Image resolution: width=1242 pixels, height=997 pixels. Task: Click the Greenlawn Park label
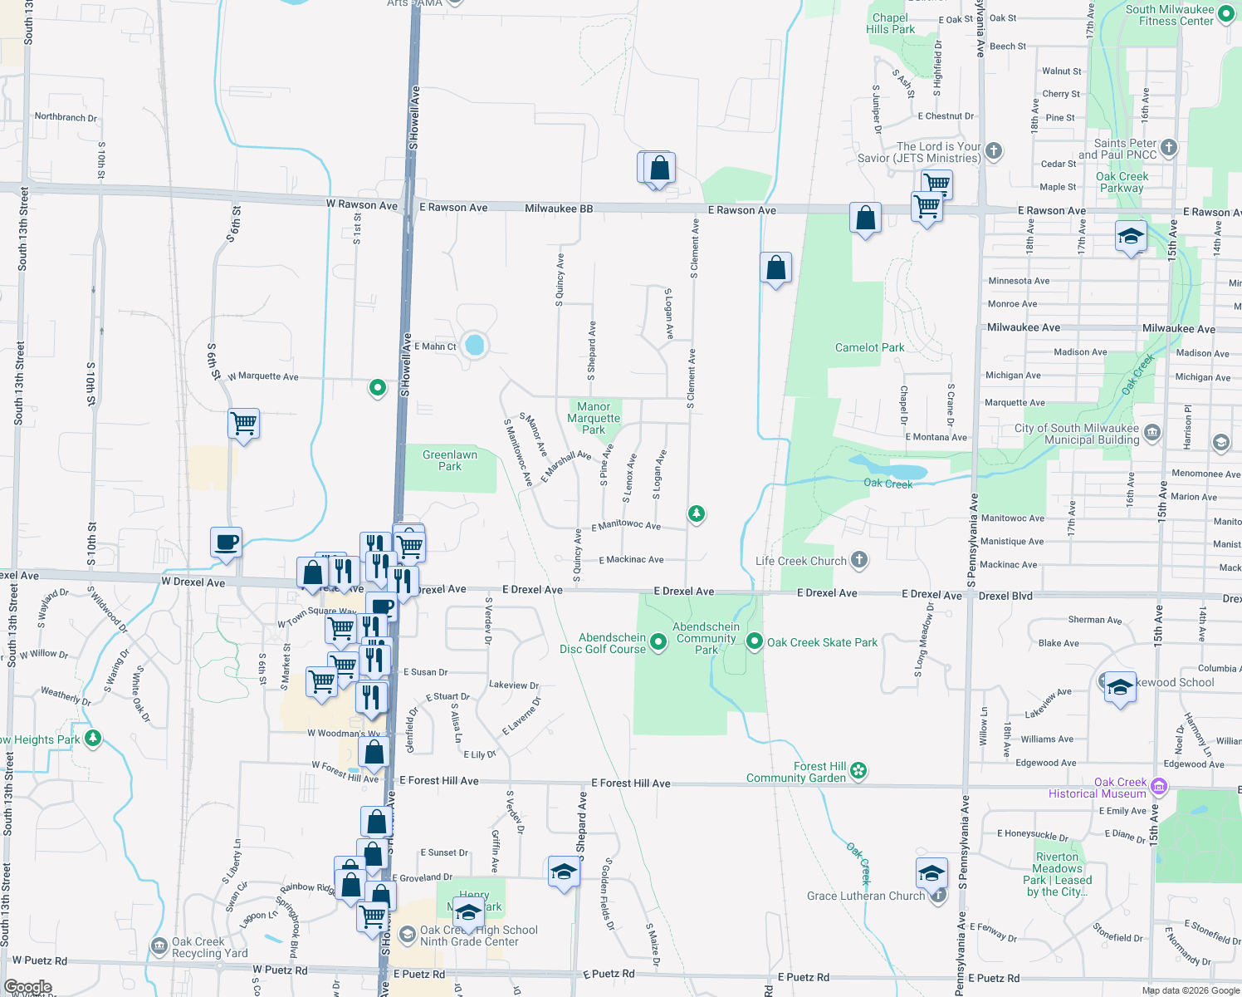[x=449, y=460]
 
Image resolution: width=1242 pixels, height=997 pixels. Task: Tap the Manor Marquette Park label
[x=594, y=418]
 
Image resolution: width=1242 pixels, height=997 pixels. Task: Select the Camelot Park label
[x=869, y=347]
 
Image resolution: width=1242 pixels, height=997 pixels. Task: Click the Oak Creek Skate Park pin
[x=754, y=641]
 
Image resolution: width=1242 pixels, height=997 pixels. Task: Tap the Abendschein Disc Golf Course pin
[x=658, y=641]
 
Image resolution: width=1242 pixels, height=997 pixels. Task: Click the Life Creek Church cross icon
[x=859, y=560]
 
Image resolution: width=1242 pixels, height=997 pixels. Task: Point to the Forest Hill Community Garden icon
[x=858, y=771]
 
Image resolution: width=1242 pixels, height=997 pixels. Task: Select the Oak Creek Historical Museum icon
[x=1159, y=786]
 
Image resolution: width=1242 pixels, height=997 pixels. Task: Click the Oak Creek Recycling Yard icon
[x=159, y=945]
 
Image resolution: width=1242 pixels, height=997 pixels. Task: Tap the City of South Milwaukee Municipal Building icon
[x=1152, y=432]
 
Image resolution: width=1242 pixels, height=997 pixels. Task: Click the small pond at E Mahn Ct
[x=475, y=344]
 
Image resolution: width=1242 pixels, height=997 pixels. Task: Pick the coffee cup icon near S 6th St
[x=226, y=543]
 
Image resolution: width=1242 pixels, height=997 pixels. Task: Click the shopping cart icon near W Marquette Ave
[x=244, y=424]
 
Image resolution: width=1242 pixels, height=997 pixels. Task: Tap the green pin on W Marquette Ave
[x=378, y=387]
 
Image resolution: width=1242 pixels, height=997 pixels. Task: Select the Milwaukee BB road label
[x=559, y=209]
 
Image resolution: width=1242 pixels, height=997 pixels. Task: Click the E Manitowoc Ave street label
[x=626, y=525]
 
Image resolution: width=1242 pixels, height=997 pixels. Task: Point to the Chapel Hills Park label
[x=890, y=23]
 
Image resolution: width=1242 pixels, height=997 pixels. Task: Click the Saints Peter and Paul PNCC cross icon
[x=1169, y=148]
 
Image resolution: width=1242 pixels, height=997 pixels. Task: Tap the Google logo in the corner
[x=28, y=987]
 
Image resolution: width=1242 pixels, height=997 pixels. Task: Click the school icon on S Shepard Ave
[x=564, y=872]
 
